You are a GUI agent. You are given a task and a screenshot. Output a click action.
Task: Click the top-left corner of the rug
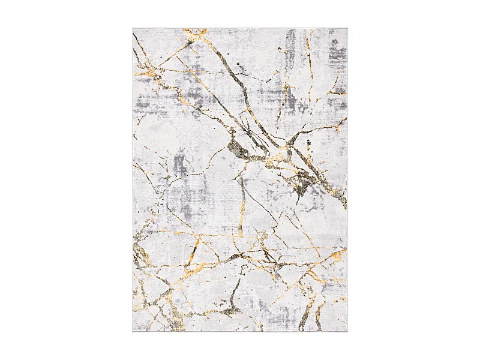pos(133,28)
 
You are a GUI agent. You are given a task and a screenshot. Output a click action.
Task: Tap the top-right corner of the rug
pos(347,28)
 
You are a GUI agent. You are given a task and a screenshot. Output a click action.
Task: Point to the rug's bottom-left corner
pos(133,332)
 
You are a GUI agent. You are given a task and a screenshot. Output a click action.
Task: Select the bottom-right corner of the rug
pos(347,332)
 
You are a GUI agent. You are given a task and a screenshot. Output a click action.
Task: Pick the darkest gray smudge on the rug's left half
pos(180,164)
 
